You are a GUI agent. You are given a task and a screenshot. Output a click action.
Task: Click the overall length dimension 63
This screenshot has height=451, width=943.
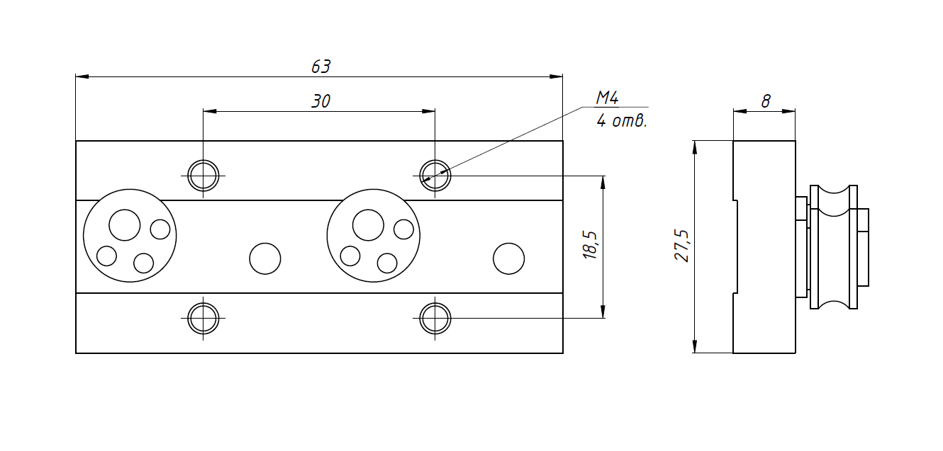321,67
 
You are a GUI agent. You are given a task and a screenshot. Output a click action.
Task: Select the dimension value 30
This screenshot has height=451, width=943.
321,101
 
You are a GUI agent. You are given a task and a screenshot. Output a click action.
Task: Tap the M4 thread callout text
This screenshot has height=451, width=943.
608,98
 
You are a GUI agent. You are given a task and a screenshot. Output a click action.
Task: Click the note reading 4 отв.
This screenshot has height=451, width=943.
622,121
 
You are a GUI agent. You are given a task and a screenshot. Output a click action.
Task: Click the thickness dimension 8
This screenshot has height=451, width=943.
766,101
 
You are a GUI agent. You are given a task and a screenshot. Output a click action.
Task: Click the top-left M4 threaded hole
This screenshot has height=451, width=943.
203,175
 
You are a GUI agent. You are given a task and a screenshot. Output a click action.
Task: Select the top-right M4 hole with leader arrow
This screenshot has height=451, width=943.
435,175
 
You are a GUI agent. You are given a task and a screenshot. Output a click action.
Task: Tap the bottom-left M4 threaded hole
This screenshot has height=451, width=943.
203,318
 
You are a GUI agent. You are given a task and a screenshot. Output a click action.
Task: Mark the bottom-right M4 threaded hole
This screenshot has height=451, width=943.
435,318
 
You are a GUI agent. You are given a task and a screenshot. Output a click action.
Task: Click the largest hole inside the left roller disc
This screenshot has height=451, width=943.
125,225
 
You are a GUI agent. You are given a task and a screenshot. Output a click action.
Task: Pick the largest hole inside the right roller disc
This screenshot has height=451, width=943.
368,225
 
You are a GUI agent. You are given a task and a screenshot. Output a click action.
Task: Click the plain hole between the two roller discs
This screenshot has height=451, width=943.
265,258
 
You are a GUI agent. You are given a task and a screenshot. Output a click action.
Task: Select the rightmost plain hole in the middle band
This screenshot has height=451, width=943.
508,258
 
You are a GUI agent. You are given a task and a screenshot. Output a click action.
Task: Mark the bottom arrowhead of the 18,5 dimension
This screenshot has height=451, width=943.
603,314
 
